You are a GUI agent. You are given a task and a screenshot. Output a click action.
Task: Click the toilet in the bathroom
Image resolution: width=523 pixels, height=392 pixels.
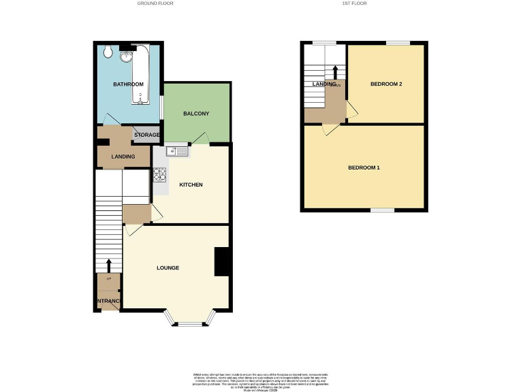pos(108,51)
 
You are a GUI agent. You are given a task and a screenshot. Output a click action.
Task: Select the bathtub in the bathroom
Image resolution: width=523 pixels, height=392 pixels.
pos(142,75)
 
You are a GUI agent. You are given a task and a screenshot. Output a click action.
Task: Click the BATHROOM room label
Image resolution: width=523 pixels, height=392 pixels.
pos(128,84)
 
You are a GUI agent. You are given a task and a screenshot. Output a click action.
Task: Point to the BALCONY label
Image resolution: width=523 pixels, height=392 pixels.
pos(195,113)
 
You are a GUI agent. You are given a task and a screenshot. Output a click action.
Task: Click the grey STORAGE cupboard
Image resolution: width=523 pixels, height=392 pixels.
pos(146,135)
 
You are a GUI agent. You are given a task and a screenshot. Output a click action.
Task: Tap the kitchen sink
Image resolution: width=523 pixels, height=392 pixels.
pos(176,152)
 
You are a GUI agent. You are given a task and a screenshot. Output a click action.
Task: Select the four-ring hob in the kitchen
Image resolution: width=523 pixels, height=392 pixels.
pos(159,175)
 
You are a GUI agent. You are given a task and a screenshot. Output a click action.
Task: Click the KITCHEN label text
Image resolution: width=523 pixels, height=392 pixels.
pos(191,184)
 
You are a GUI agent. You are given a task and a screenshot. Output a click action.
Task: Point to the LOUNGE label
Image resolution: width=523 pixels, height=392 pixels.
pos(168,268)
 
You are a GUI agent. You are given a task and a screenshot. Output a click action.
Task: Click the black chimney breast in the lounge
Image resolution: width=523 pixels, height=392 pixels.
pos(221,261)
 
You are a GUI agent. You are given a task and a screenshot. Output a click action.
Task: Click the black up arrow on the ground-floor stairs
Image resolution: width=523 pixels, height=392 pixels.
pos(108,263)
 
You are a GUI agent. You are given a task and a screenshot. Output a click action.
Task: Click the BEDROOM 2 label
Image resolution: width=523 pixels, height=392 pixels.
pos(386,84)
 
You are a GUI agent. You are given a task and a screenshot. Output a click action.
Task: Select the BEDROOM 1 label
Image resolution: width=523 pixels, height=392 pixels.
pos(364,167)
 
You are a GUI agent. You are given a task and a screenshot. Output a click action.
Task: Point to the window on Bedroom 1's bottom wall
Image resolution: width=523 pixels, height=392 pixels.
pos(382,210)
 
